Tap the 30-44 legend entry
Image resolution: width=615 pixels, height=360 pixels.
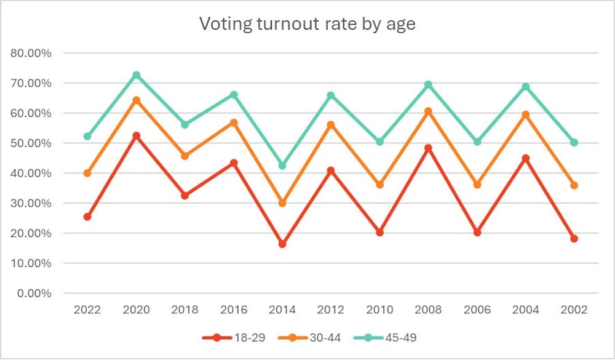[314, 337]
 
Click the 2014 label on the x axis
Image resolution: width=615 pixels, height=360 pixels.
[282, 310]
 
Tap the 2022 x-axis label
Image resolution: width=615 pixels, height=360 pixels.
[87, 310]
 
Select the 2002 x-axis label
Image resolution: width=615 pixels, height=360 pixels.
[574, 310]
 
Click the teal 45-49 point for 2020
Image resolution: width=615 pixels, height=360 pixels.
[137, 75]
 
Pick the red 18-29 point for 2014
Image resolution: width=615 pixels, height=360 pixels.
[282, 244]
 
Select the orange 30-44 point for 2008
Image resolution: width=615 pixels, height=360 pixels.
[428, 111]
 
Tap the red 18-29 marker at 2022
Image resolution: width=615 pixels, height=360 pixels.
[87, 217]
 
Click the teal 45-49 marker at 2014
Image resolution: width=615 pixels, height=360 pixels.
[282, 166]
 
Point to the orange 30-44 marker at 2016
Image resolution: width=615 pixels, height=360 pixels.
[234, 122]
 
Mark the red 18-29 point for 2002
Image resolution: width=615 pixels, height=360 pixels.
[574, 239]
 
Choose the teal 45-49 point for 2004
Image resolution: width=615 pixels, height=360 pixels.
[526, 87]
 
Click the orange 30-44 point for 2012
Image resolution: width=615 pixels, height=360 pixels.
[331, 125]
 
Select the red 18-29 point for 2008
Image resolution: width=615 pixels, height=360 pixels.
[428, 148]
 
